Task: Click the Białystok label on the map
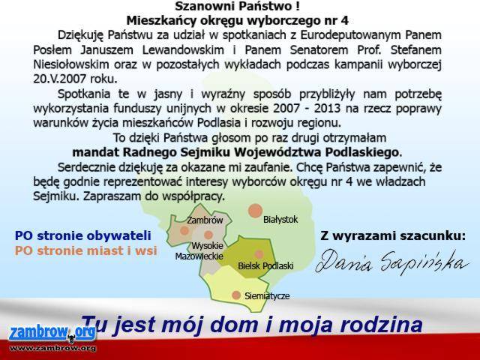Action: coord(280,220)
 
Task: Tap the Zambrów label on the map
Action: coord(205,220)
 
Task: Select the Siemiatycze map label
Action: coord(267,296)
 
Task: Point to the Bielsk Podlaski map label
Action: coord(265,265)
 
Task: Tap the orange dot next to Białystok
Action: coord(255,211)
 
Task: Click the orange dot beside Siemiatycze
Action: coord(236,295)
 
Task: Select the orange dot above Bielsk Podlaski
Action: coord(259,254)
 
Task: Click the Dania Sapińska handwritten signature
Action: coord(392,262)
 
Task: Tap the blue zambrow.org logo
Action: coord(52,334)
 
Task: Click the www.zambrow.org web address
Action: coord(52,348)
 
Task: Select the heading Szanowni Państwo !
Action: coord(237,6)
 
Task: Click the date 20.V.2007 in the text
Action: coord(60,79)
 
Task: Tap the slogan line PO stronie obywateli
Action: coord(83,235)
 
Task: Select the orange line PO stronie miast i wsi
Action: coord(86,250)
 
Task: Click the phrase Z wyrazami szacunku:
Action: coord(393,235)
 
